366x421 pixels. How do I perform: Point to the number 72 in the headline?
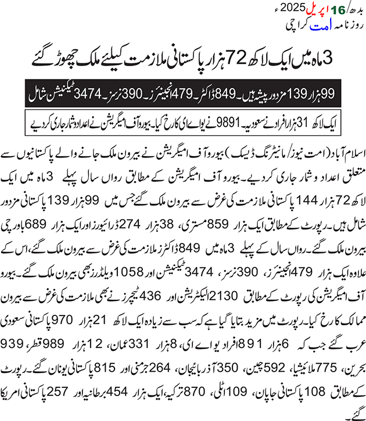(x=219, y=59)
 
